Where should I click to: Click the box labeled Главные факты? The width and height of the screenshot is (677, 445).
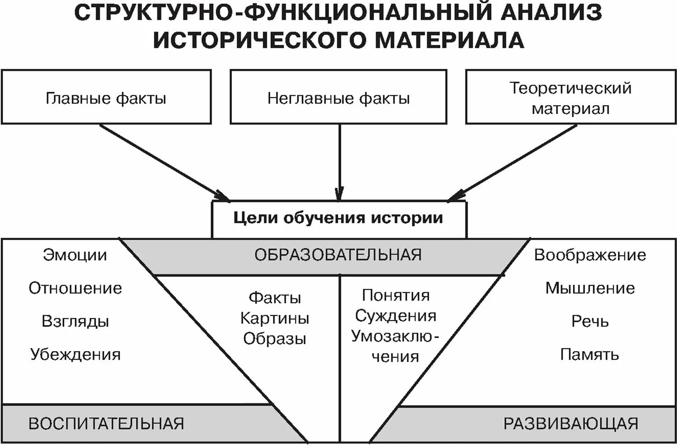106,97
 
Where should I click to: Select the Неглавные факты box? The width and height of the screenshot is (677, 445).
339,97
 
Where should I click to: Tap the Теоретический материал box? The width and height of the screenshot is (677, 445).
570,97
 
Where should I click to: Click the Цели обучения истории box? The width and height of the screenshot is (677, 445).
339,218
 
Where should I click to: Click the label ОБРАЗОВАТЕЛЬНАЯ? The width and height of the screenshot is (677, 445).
338,255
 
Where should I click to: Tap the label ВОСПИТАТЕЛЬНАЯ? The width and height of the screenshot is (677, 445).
106,424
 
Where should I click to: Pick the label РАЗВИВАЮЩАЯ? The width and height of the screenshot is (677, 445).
571,424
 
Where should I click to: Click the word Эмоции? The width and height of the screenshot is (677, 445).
75,255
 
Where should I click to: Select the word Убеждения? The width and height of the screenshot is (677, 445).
75,354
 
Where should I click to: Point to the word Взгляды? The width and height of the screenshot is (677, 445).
75,322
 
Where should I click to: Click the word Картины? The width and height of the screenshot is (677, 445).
275,318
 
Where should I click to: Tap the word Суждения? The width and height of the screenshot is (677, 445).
395,316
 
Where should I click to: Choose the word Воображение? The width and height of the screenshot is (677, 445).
590,255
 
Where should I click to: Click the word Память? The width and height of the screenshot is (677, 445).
590,354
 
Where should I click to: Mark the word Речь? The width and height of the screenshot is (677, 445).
590,322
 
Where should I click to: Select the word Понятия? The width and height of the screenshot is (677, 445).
395,295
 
